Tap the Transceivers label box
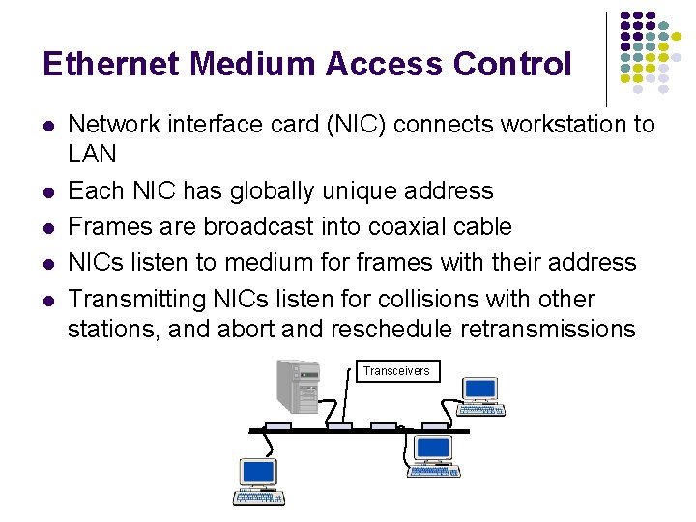click(x=396, y=371)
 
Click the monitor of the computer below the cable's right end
click(x=432, y=448)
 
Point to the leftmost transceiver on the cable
click(x=278, y=426)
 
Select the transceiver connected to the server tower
click(x=338, y=426)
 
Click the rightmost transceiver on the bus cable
click(x=436, y=426)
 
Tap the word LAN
click(x=92, y=154)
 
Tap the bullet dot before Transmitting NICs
click(x=47, y=301)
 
